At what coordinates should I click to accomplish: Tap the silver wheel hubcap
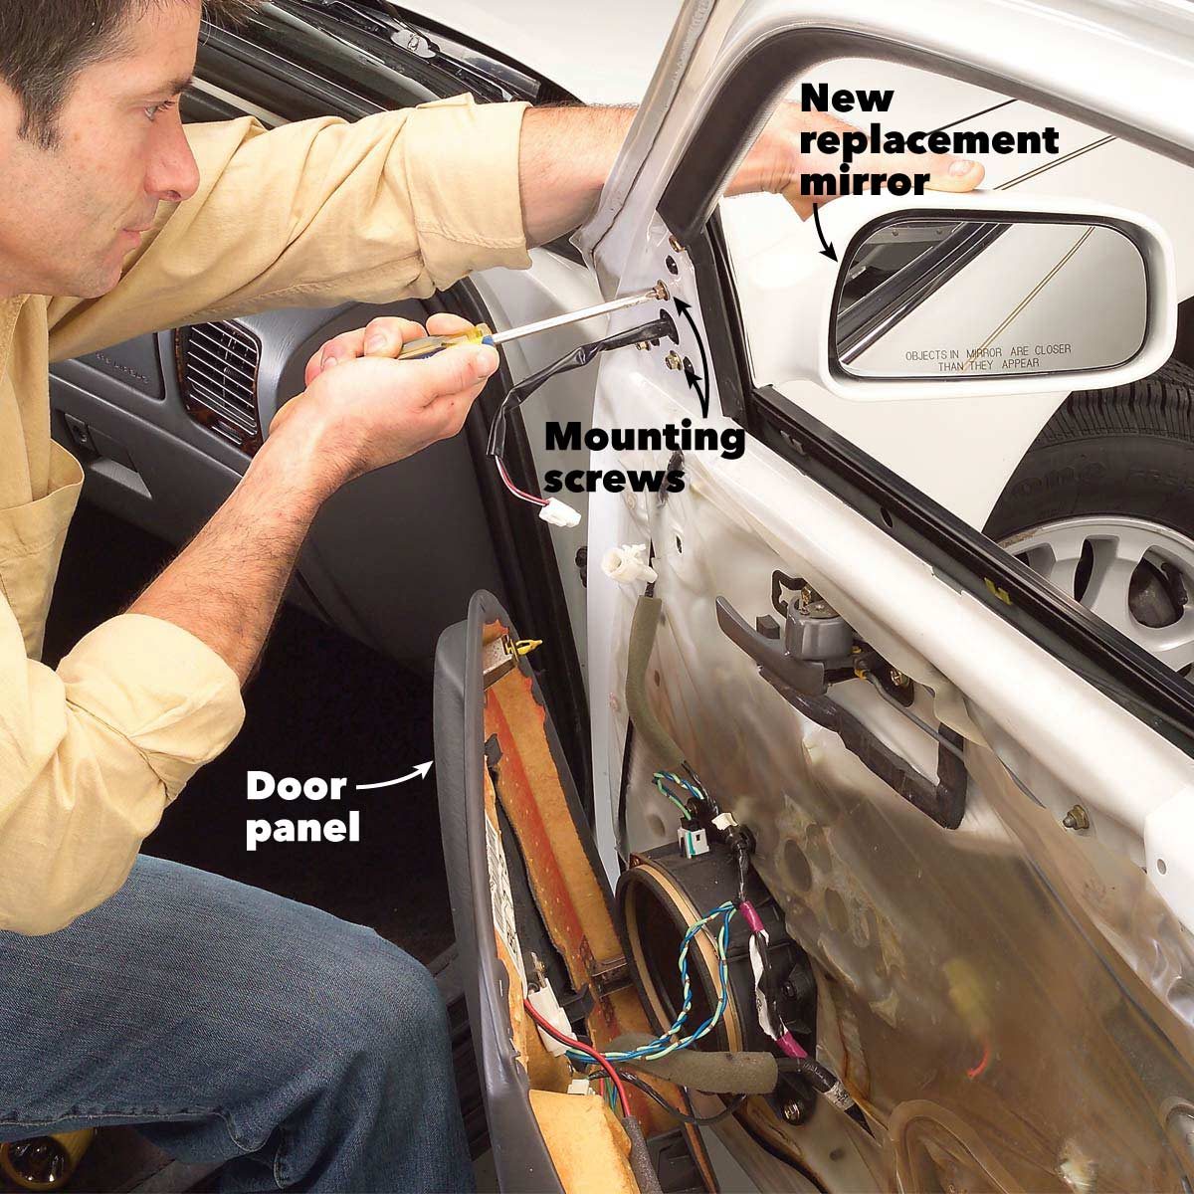pyautogui.click(x=1094, y=577)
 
